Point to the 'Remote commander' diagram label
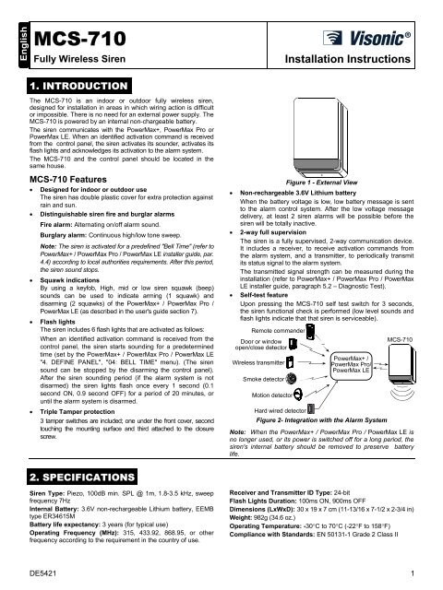(275, 354)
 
